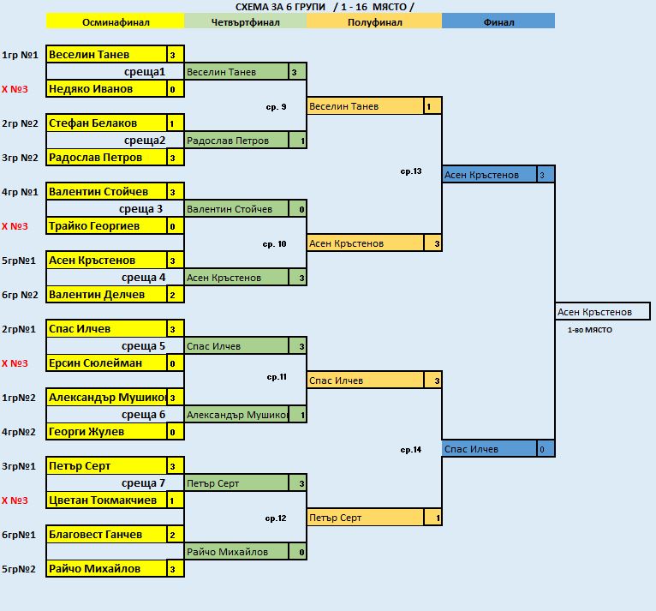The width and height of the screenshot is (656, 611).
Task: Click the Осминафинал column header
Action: coord(115,22)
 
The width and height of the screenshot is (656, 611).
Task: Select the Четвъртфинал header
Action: coord(246,22)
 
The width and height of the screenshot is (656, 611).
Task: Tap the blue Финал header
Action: coord(498,22)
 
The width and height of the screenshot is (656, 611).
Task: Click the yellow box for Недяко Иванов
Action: coord(106,89)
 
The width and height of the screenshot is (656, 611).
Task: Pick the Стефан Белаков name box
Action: coord(106,123)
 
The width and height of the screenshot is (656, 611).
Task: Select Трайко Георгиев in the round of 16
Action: coord(106,226)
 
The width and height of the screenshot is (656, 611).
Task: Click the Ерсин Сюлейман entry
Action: coord(106,363)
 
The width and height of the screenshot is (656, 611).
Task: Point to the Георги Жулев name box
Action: coord(106,432)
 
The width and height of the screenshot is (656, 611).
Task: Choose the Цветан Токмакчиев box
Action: coord(106,500)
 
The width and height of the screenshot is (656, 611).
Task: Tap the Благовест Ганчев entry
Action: coord(106,535)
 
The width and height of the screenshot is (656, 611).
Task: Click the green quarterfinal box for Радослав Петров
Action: coord(236,141)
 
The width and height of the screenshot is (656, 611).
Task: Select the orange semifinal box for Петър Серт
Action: coord(365,518)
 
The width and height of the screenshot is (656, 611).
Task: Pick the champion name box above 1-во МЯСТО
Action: coord(602,312)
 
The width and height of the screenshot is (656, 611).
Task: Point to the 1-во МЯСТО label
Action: coord(589,330)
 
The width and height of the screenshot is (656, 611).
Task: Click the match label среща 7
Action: coord(143,483)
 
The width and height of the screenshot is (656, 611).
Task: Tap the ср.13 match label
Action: coord(411,171)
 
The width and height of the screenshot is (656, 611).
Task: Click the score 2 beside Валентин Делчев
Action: coord(172,295)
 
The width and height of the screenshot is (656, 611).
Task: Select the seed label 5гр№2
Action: coord(20,569)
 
